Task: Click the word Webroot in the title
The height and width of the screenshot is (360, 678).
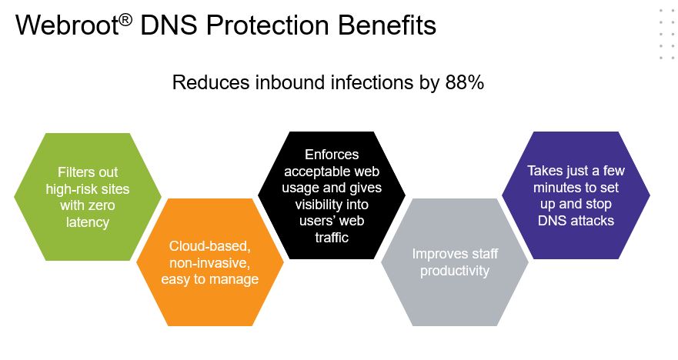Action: (67, 25)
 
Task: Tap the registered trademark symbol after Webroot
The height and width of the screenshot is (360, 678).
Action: (125, 20)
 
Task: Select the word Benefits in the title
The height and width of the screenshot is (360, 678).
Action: (387, 25)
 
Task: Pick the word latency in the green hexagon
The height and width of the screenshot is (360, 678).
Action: (87, 222)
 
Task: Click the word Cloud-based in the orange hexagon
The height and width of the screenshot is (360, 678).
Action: (210, 246)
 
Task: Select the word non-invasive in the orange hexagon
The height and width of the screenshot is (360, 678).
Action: (210, 263)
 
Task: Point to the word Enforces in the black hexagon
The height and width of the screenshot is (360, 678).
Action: (332, 155)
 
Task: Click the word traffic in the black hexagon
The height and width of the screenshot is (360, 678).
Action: (332, 237)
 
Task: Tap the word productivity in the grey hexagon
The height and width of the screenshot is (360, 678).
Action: (455, 271)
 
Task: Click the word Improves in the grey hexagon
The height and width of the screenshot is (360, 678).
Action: (436, 254)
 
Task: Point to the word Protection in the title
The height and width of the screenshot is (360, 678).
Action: (268, 25)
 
